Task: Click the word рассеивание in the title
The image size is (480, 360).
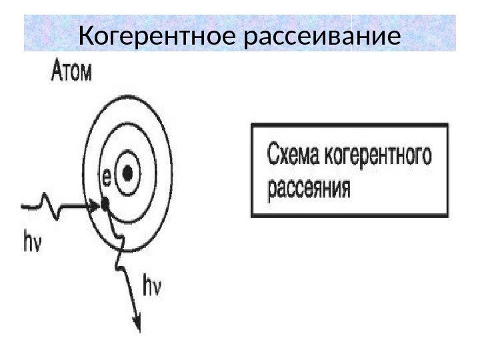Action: [323, 38]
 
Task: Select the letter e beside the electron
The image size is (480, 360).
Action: [104, 178]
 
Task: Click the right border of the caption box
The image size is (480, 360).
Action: [446, 169]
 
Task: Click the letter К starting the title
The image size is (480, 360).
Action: [85, 38]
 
